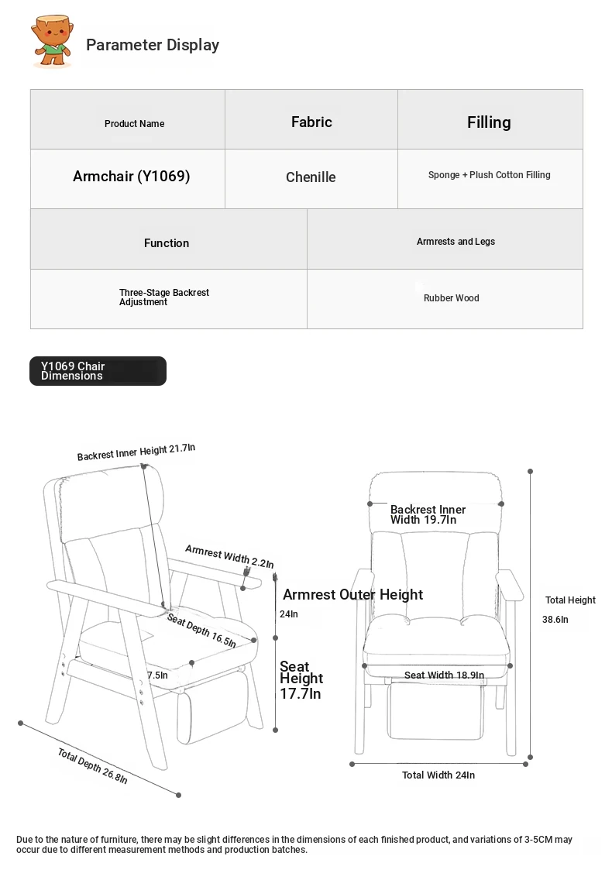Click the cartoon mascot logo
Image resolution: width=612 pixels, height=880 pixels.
[x=52, y=43]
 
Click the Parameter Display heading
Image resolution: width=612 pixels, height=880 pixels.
[x=153, y=45]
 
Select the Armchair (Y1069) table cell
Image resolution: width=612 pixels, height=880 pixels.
[x=131, y=177]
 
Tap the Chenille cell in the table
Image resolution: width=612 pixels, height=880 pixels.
[x=311, y=177]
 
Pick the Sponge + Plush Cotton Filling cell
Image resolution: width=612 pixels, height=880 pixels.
[x=489, y=175]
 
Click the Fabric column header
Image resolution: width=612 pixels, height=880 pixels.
[x=311, y=122]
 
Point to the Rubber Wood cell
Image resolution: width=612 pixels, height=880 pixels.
[x=451, y=298]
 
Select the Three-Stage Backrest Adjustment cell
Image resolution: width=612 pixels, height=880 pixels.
[x=163, y=297]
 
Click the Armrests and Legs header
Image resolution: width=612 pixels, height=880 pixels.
[x=456, y=242]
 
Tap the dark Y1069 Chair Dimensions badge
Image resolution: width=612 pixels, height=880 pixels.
[x=98, y=371]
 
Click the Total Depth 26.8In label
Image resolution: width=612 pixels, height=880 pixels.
[x=92, y=766]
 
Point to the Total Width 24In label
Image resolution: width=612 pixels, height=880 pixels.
[x=438, y=775]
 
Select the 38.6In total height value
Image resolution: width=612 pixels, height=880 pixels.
[x=555, y=620]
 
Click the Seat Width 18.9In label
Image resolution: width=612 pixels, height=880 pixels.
[x=444, y=675]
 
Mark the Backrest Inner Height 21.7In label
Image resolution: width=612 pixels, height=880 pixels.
[x=136, y=452]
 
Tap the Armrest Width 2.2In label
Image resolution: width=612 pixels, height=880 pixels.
[x=229, y=556]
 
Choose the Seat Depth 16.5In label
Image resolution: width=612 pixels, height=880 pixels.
[x=201, y=631]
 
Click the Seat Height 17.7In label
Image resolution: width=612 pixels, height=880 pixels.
[x=301, y=680]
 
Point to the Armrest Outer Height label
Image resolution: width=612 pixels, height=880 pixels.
[x=352, y=595]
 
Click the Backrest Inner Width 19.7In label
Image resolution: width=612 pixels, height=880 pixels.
[x=428, y=514]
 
